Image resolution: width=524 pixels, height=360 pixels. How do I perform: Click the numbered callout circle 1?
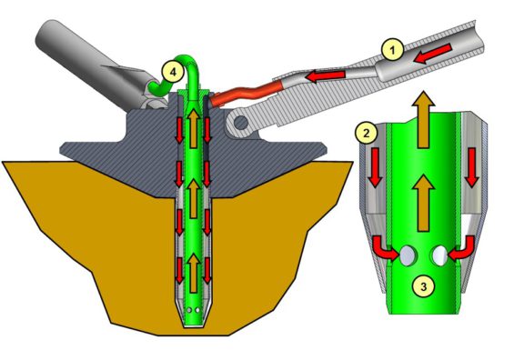click(389, 52)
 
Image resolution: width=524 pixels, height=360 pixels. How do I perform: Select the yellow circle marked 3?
click(421, 287)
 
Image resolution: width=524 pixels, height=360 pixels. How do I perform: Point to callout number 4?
click(172, 67)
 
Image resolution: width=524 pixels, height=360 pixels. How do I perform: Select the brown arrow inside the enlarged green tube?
click(420, 195)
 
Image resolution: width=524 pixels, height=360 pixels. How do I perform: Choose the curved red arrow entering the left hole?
click(386, 248)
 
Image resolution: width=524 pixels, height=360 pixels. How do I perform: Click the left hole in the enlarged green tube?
click(403, 254)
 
